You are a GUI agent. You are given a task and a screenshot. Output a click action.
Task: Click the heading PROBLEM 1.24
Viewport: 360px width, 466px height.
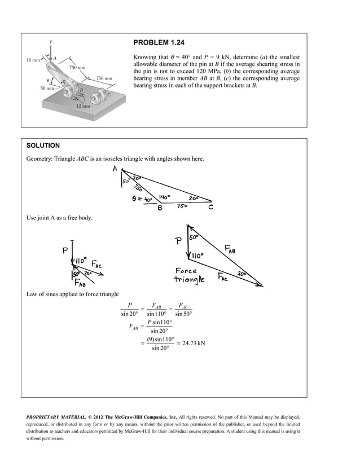(x=159, y=43)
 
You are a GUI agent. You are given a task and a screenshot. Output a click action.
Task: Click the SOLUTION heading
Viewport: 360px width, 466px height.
(x=43, y=146)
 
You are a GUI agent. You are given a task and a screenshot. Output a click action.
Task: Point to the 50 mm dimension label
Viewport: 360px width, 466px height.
(x=47, y=89)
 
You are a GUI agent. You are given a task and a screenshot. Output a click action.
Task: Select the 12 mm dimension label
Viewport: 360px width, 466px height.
(x=84, y=106)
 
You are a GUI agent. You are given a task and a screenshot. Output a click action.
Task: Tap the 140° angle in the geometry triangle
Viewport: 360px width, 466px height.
(x=165, y=197)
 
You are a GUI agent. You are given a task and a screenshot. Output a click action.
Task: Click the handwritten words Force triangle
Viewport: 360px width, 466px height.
(x=194, y=275)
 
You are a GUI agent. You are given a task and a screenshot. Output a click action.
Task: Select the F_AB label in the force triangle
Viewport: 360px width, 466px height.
(x=231, y=249)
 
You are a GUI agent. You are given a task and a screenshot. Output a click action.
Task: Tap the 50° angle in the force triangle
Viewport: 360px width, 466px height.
(x=194, y=239)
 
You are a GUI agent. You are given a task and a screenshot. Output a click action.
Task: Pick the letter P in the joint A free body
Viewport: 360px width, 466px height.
(x=65, y=250)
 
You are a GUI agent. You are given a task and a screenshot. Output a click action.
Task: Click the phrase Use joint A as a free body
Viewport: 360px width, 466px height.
(x=59, y=218)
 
